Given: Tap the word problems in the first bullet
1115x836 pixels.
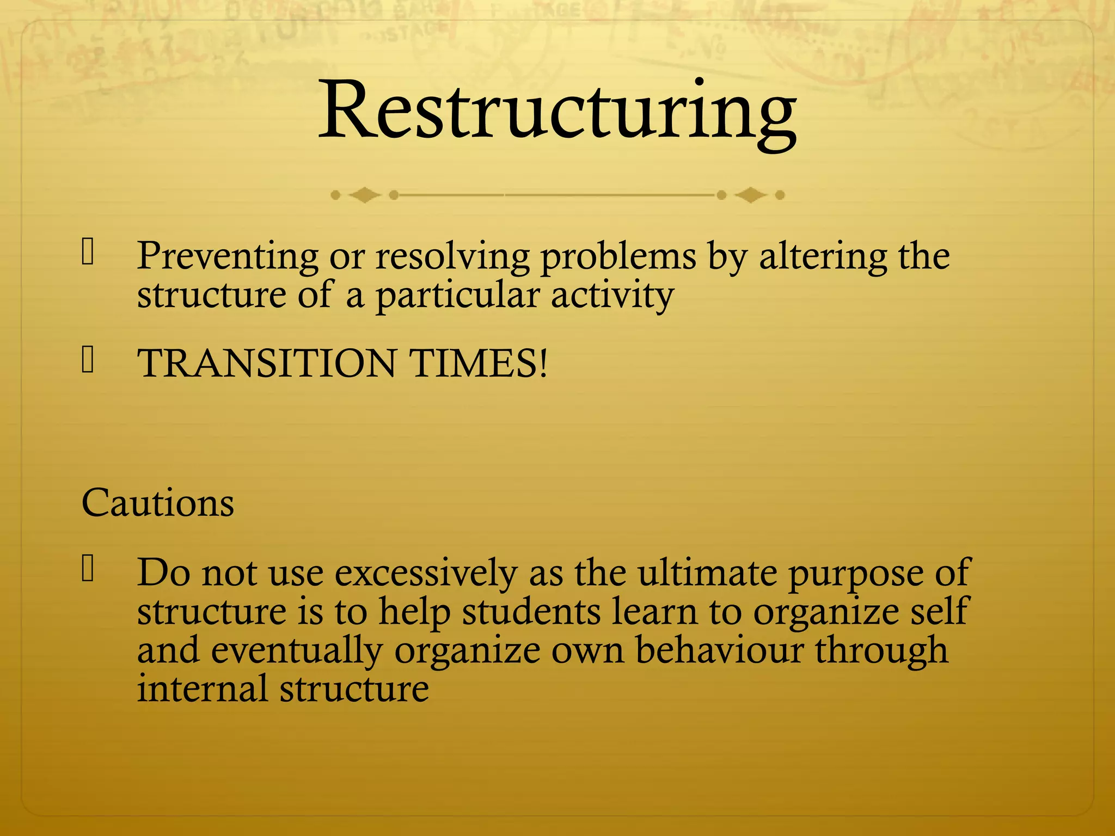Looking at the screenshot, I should [618, 256].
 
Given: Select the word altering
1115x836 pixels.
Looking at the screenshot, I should [823, 256].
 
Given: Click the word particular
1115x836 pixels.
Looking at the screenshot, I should [457, 296].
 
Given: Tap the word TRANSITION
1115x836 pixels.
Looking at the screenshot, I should [267, 363].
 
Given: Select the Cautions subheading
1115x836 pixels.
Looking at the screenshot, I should [158, 502].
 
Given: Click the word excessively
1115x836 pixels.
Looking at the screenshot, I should [426, 573].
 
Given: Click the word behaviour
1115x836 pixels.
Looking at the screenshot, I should [719, 650].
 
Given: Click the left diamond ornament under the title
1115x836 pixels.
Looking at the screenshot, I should [364, 195].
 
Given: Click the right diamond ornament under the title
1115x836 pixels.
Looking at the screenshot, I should [751, 195].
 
